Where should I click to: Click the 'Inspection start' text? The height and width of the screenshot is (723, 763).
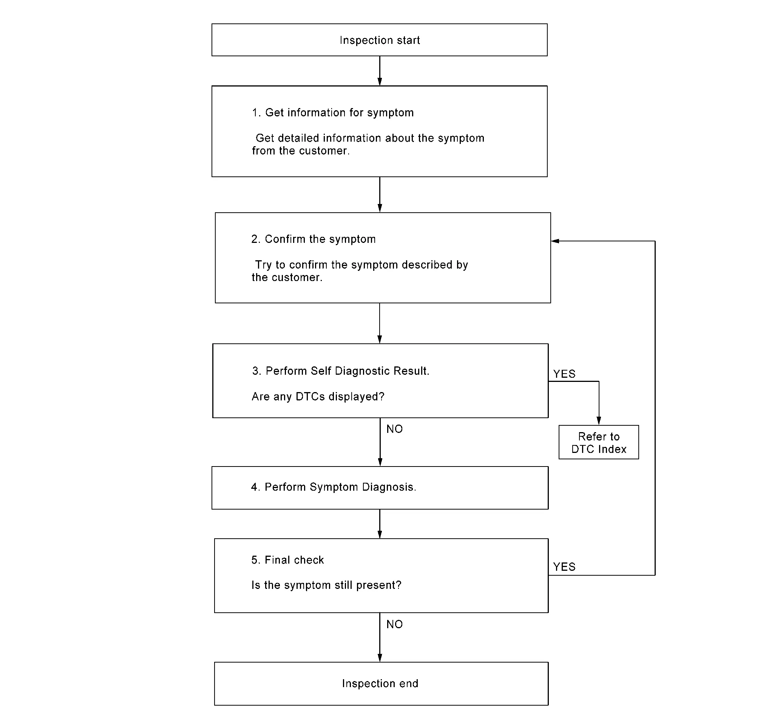coord(380,40)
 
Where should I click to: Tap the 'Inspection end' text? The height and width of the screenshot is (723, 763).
coord(380,683)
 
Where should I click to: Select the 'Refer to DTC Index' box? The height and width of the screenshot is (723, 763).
coord(599,442)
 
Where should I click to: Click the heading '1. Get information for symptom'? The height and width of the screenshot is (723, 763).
coord(333,113)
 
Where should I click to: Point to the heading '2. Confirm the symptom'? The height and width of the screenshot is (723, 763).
coord(313,239)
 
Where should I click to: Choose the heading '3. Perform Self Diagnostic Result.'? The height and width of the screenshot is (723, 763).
coord(341,371)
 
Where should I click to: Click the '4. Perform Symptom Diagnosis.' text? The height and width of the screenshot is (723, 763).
coord(334,487)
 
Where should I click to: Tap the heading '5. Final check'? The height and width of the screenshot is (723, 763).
coord(287,559)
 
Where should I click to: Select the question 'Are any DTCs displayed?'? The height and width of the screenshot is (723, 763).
coord(318,397)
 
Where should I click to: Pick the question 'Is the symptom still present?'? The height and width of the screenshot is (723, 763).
coord(326,585)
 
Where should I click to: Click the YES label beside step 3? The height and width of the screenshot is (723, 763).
coord(565,374)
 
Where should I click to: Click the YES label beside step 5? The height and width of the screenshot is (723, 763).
coord(565,567)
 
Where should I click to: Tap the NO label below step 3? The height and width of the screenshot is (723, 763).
coord(395,429)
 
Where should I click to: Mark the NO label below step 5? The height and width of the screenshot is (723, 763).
coord(395,624)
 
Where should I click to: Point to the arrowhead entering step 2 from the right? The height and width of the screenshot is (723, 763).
coord(555,241)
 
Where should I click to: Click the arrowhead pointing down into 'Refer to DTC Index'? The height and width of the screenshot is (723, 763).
coord(599,421)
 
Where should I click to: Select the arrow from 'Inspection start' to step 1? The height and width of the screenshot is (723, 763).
coord(380,71)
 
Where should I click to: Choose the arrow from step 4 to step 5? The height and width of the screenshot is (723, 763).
coord(380,524)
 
